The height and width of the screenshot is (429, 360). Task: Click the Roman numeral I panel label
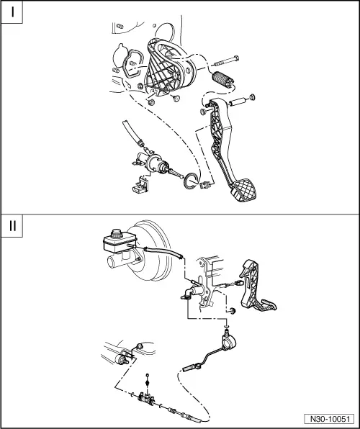(x=12, y=12)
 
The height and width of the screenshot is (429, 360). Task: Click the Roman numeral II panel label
(x=12, y=226)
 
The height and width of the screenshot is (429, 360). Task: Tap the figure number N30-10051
(x=330, y=419)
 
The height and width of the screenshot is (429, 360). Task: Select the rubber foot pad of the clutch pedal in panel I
(x=245, y=189)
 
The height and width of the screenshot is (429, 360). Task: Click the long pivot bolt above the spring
(x=226, y=61)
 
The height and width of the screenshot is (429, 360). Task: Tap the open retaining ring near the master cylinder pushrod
(x=191, y=181)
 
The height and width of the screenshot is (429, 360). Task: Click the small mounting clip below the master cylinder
(x=141, y=185)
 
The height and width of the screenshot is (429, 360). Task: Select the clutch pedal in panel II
(x=256, y=286)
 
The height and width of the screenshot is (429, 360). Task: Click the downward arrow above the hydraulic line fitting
(x=226, y=325)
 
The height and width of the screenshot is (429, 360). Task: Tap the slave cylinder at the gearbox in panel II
(x=122, y=358)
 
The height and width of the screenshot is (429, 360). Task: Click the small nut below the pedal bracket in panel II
(x=233, y=311)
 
